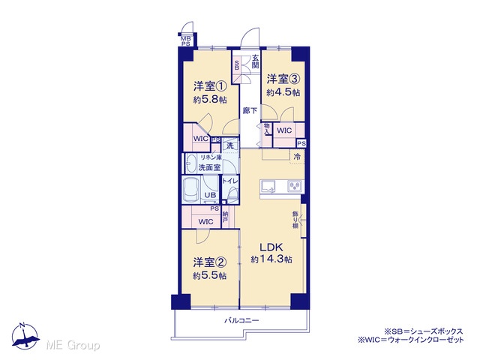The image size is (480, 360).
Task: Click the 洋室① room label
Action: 210,86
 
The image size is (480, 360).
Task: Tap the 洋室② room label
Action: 210,262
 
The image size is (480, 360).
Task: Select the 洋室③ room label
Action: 283,79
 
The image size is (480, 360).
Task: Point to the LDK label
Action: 271,247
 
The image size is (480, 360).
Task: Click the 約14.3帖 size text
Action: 271,259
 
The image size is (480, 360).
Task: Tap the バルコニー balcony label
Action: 241,320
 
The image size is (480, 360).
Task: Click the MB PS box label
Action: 185,41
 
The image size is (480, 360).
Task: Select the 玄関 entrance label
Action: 256,61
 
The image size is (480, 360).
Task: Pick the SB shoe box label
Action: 237,65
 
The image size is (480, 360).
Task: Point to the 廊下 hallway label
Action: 250,110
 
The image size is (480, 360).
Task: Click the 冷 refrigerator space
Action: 297,157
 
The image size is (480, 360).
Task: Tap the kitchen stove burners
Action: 295,187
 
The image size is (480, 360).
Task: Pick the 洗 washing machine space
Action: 230,145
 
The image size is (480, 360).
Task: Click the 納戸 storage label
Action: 225,217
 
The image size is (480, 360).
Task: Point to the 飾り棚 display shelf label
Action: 295,219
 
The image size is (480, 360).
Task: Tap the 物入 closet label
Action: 267,129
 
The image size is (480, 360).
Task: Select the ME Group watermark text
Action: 73,345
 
